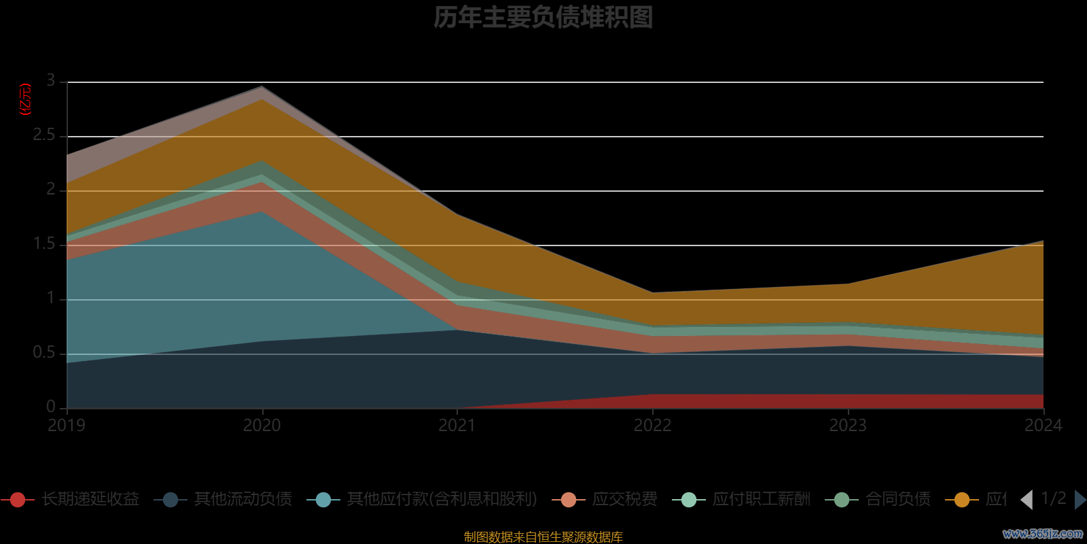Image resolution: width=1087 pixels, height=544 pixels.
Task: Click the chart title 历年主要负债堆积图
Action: tap(543, 18)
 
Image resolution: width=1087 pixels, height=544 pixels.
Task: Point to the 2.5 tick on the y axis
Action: tap(44, 135)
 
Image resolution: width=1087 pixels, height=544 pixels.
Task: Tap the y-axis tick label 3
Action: tap(51, 81)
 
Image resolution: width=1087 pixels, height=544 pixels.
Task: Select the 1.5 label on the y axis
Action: tap(44, 244)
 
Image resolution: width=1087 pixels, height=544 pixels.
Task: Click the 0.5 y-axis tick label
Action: tap(44, 353)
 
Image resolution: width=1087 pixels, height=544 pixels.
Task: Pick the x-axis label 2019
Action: tap(67, 426)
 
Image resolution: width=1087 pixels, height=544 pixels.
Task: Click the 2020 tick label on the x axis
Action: tap(262, 426)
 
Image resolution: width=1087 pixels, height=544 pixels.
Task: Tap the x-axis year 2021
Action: tap(457, 426)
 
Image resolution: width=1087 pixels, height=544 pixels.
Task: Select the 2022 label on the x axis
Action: tap(652, 426)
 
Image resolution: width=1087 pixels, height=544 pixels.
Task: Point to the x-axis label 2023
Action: tap(848, 426)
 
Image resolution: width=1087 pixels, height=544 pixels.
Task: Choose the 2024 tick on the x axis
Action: tap(1043, 426)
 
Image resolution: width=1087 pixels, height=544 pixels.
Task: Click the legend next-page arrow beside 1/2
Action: tap(1080, 500)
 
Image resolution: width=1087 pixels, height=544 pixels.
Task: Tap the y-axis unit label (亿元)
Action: tap(26, 99)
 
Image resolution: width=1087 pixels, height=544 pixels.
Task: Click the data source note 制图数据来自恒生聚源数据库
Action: tap(543, 537)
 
